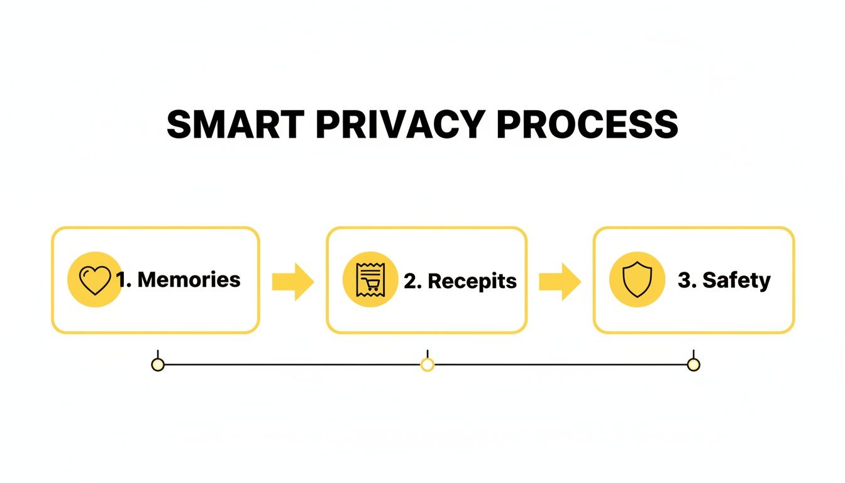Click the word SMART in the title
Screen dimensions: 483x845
[236, 125]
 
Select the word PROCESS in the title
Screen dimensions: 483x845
[587, 125]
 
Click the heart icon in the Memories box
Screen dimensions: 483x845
[94, 280]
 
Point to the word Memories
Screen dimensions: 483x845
[189, 279]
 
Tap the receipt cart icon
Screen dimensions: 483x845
[369, 280]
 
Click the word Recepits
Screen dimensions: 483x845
[472, 281]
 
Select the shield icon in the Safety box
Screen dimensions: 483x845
[637, 280]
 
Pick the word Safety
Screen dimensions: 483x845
[736, 280]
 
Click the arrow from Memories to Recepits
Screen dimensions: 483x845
[292, 281]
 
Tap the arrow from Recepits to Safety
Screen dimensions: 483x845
[560, 281]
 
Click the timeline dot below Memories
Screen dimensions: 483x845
[158, 365]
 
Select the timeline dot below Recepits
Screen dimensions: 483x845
[428, 365]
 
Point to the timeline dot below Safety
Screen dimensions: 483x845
[693, 365]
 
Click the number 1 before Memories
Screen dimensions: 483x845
[122, 279]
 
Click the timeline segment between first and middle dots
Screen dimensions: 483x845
[292, 365]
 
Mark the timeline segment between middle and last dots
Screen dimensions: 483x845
[560, 365]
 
